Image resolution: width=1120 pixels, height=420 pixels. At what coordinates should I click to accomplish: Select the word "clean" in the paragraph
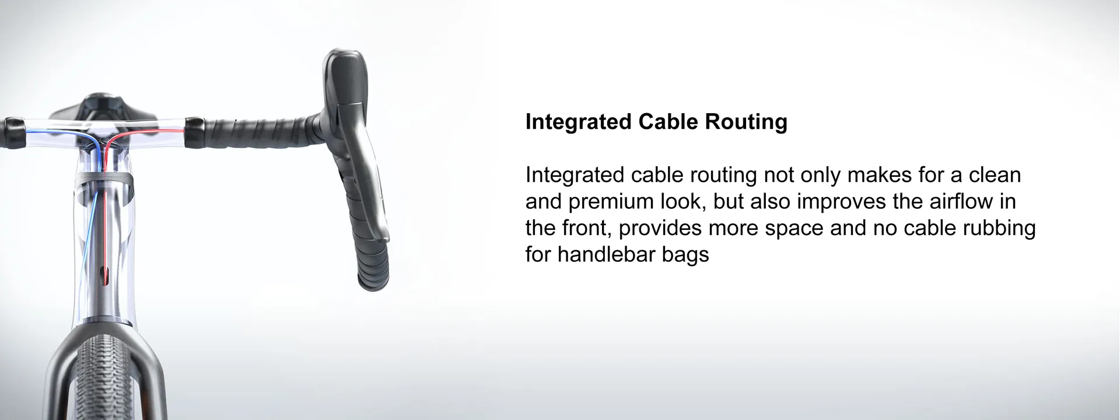coord(995,175)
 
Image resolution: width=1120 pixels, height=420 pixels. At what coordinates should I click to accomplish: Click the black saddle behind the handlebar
coord(102,108)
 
